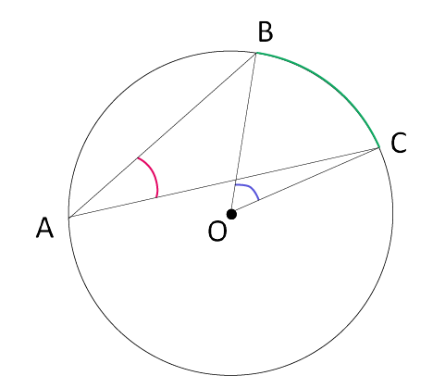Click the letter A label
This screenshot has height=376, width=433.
pyautogui.click(x=45, y=227)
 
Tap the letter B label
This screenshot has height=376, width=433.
pyautogui.click(x=266, y=31)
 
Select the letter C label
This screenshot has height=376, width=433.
pyautogui.click(x=399, y=143)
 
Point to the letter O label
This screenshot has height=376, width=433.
pyautogui.click(x=217, y=232)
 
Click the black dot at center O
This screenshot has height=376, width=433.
pyautogui.click(x=231, y=214)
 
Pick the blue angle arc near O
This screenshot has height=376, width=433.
pyautogui.click(x=252, y=188)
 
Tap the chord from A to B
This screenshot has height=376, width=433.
pyautogui.click(x=162, y=135)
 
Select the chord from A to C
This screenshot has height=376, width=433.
pyautogui.click(x=224, y=183)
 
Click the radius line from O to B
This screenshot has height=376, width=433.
pyautogui.click(x=243, y=133)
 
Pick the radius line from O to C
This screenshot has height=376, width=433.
pyautogui.click(x=305, y=182)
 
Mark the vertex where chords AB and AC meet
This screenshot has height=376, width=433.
pyautogui.click(x=68, y=218)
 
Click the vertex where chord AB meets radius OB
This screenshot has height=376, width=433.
pyautogui.click(x=256, y=53)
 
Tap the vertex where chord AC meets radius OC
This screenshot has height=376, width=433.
pyautogui.click(x=379, y=148)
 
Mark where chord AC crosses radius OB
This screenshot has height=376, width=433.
pyautogui.click(x=236, y=181)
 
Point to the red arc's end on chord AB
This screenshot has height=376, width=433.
pyautogui.click(x=138, y=157)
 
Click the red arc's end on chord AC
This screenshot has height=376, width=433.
pyautogui.click(x=157, y=197)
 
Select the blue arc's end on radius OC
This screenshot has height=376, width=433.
pyautogui.click(x=258, y=200)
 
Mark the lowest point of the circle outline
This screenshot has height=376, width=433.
pyautogui.click(x=231, y=375)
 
